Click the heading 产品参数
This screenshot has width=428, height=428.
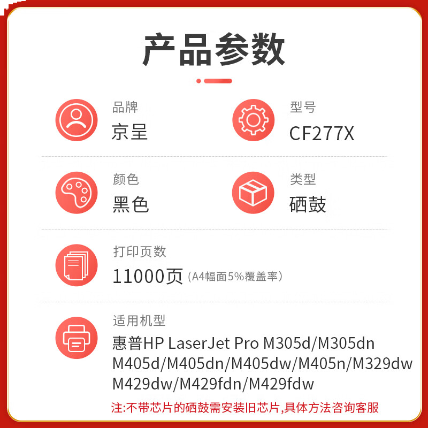214,49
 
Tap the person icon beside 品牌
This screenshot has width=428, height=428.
77,120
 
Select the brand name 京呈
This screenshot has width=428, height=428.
129,132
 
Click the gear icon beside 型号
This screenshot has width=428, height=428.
253,120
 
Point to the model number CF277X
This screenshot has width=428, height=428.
322,133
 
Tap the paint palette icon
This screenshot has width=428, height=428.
77,193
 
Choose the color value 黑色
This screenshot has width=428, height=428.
131,204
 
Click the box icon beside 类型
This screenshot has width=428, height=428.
253,193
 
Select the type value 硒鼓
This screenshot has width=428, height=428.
308,204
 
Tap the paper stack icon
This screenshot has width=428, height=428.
77,265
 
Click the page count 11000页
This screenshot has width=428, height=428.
148,276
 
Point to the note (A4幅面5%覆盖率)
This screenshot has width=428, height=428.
235,277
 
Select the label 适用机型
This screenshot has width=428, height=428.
139,321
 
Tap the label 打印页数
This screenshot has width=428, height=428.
140,251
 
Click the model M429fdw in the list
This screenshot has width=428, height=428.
281,384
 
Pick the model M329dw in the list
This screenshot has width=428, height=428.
383,364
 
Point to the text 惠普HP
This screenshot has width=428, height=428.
137,343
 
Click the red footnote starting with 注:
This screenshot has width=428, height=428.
245,408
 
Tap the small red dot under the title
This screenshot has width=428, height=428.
198,81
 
